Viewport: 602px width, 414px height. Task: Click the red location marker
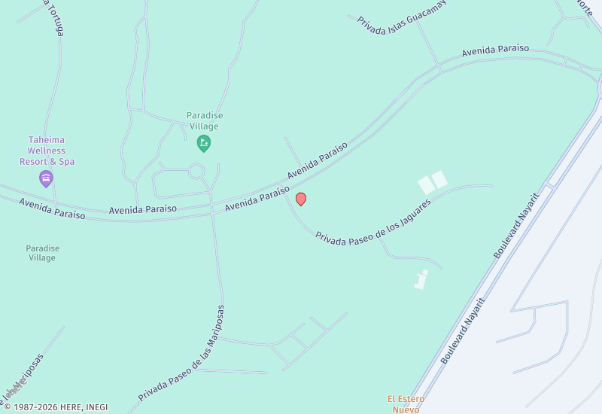pos(301,199)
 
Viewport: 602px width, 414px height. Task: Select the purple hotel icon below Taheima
pos(46,178)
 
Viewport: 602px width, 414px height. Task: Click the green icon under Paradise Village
pos(203,142)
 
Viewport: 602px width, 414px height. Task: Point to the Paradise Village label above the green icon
pos(205,120)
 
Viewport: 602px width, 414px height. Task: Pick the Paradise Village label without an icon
pos(42,253)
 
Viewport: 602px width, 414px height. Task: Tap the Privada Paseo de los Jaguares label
pos(373,223)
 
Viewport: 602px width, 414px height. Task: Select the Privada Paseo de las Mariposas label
pos(182,352)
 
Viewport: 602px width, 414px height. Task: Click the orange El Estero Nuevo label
pos(406,403)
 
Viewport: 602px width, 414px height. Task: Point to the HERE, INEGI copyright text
pos(56,407)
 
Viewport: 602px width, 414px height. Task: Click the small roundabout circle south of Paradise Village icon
pos(196,172)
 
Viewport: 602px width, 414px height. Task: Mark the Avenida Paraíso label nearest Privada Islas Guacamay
pos(495,50)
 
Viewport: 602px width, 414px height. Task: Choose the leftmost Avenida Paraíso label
pos(52,209)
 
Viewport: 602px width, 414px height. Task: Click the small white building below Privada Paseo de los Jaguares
pos(420,280)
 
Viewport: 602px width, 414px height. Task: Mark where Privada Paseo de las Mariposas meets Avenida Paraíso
pos(213,215)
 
